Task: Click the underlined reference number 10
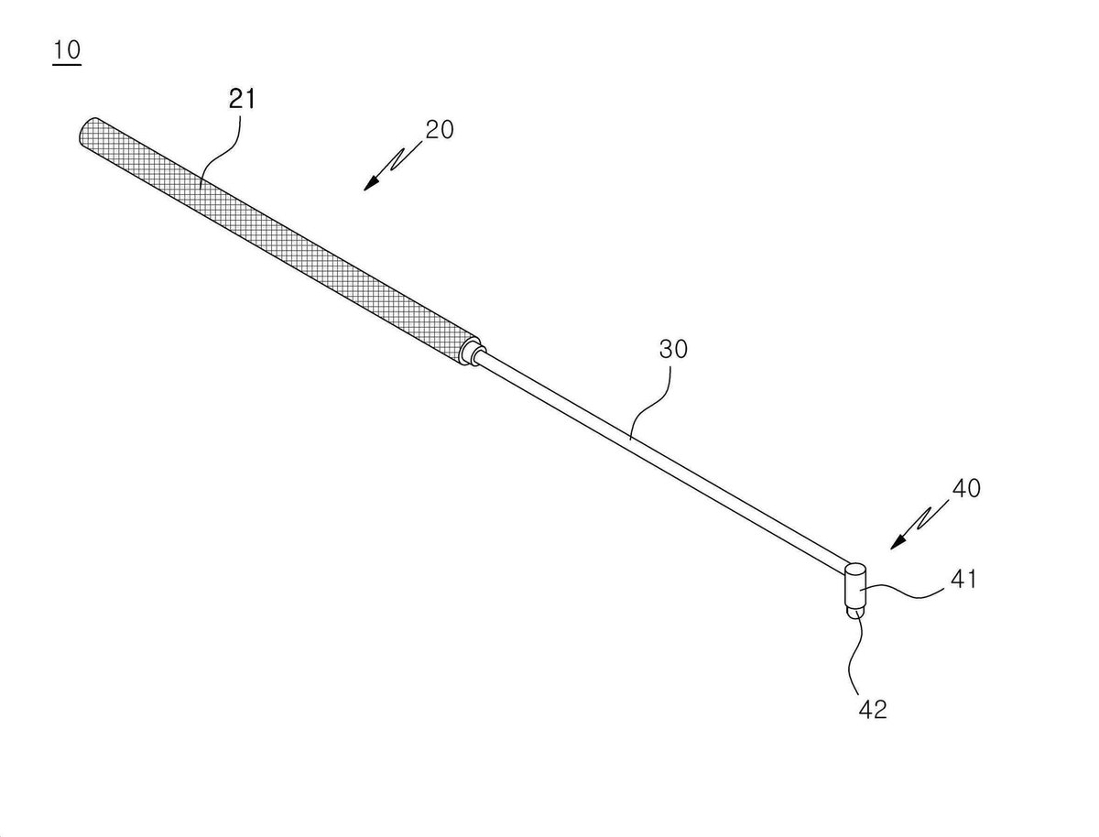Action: (67, 50)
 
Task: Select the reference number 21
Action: (242, 99)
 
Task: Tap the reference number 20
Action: (439, 130)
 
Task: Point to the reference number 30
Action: (673, 349)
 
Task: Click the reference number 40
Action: (965, 488)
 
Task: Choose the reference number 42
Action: (872, 710)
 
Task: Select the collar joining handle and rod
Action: (472, 352)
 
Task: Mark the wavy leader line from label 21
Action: (221, 149)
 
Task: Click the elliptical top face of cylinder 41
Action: (855, 570)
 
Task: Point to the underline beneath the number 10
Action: (67, 64)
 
